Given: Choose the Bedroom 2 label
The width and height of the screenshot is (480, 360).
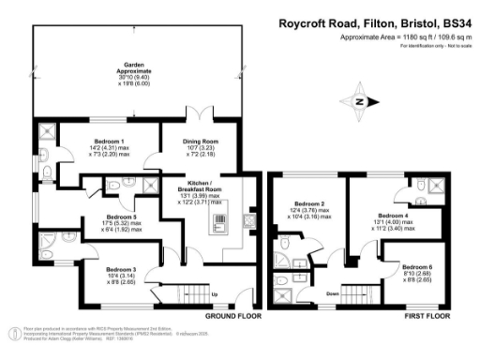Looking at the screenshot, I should click(x=308, y=203).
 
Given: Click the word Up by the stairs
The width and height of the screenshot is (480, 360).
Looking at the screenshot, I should click(x=215, y=294).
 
